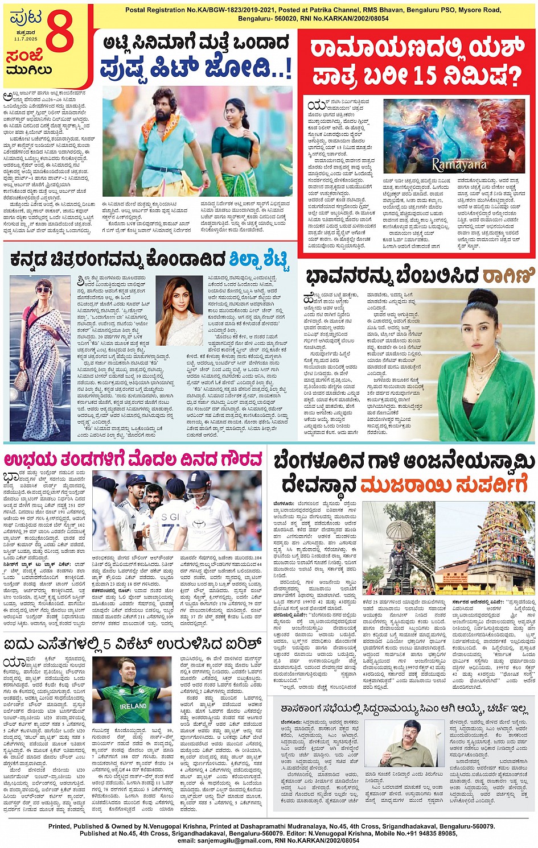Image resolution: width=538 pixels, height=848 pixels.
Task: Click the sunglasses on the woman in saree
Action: pyautogui.click(x=43, y=290)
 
